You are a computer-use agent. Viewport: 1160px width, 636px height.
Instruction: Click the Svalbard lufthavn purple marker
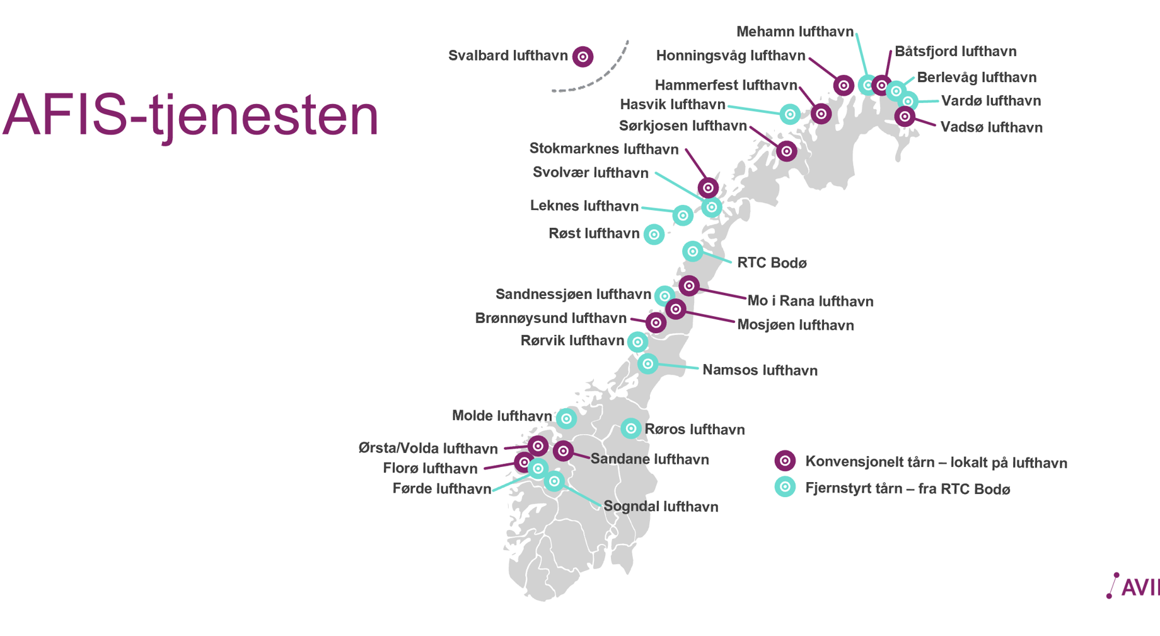pos(583,57)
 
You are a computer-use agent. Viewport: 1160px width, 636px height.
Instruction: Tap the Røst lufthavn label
pos(594,234)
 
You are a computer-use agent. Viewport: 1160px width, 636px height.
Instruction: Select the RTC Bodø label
pos(772,263)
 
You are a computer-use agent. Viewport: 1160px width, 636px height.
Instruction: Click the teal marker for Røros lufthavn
pos(630,428)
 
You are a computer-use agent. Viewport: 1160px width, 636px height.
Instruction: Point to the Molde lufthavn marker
pos(566,418)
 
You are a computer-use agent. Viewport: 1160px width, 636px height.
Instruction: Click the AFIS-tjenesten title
pos(190,115)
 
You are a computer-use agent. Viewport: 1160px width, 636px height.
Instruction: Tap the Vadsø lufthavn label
pos(991,127)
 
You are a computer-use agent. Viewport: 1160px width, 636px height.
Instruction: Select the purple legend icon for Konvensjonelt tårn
pos(785,461)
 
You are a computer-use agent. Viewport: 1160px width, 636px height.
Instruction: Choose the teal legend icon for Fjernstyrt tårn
pos(785,487)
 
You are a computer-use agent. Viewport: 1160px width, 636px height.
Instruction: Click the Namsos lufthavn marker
pos(647,363)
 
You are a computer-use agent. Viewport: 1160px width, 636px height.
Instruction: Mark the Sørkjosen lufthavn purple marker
pos(786,151)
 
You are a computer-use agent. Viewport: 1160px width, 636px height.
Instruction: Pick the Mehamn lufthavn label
pos(794,32)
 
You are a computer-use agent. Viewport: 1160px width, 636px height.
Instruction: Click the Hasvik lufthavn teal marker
pos(790,114)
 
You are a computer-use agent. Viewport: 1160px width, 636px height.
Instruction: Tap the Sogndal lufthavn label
pos(661,507)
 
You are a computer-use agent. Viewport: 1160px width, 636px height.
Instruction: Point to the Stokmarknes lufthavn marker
pos(708,187)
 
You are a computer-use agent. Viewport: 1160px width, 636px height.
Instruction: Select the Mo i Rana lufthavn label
pos(810,302)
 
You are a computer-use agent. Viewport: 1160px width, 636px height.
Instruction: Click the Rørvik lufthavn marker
pos(637,342)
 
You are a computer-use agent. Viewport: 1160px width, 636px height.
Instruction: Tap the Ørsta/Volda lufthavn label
pos(428,449)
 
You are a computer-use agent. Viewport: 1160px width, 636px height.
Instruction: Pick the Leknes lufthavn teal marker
pos(683,216)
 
